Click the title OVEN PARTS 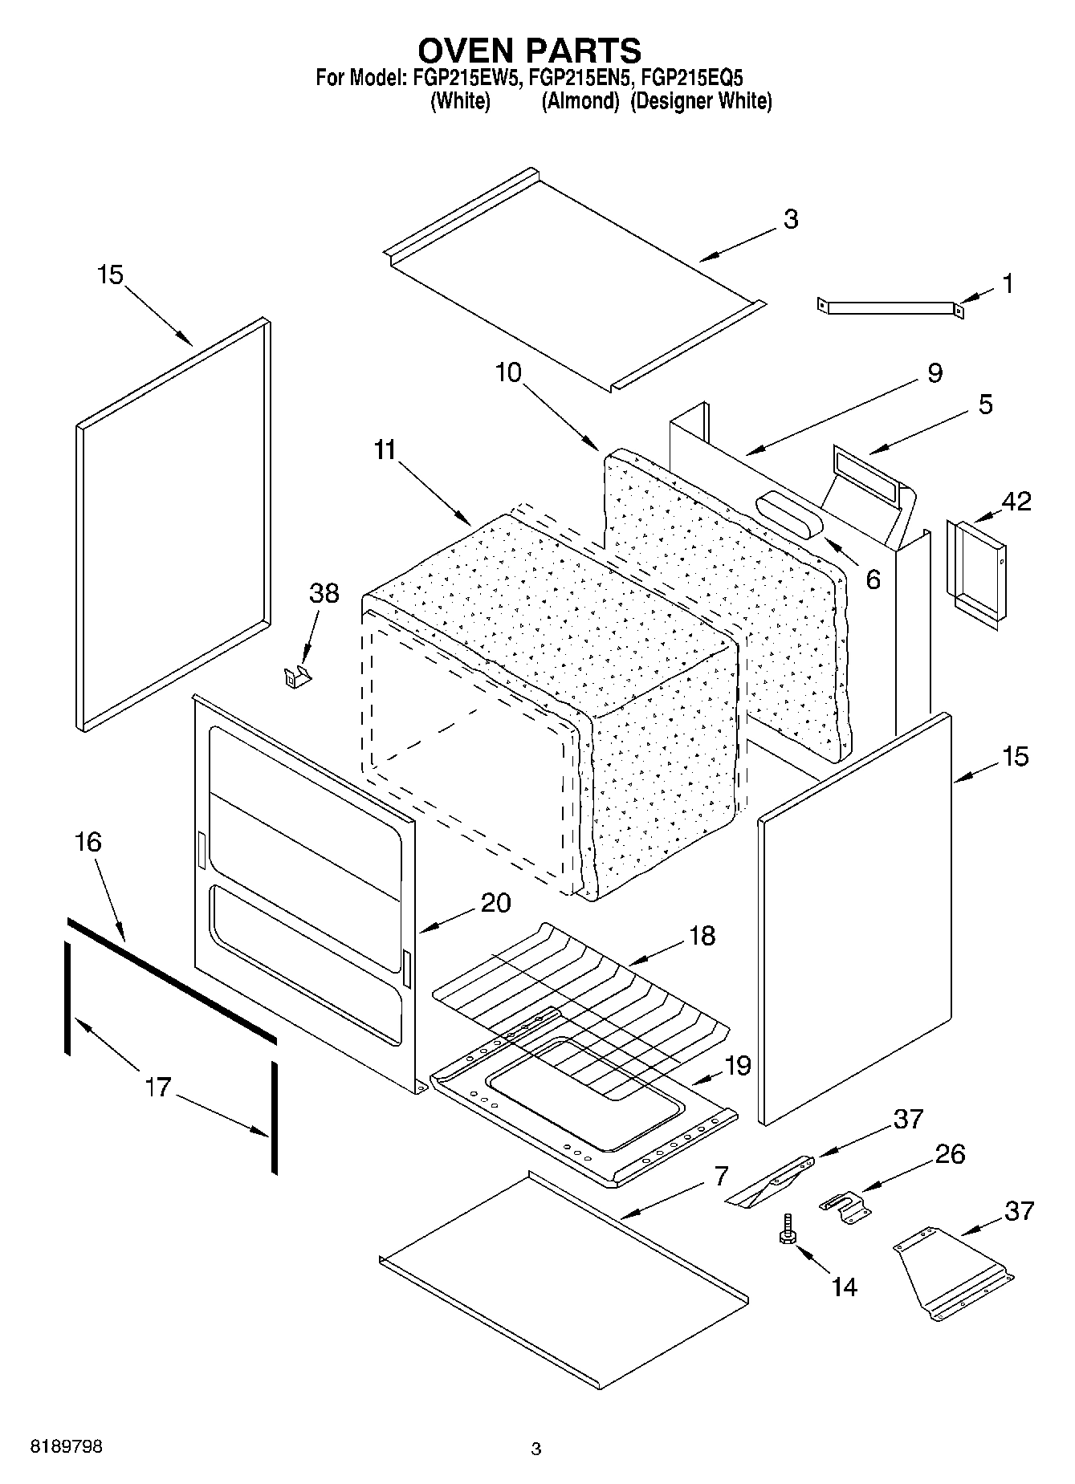pyautogui.click(x=529, y=51)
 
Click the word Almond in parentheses pyautogui.click(x=580, y=102)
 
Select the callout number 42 pyautogui.click(x=1016, y=501)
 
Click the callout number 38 pyautogui.click(x=324, y=593)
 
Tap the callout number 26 pyautogui.click(x=950, y=1154)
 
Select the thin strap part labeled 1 pyautogui.click(x=890, y=308)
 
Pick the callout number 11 pyautogui.click(x=385, y=450)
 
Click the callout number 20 pyautogui.click(x=495, y=903)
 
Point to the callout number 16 pyautogui.click(x=88, y=842)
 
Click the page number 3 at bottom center pyautogui.click(x=536, y=1449)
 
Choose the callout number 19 pyautogui.click(x=737, y=1066)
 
